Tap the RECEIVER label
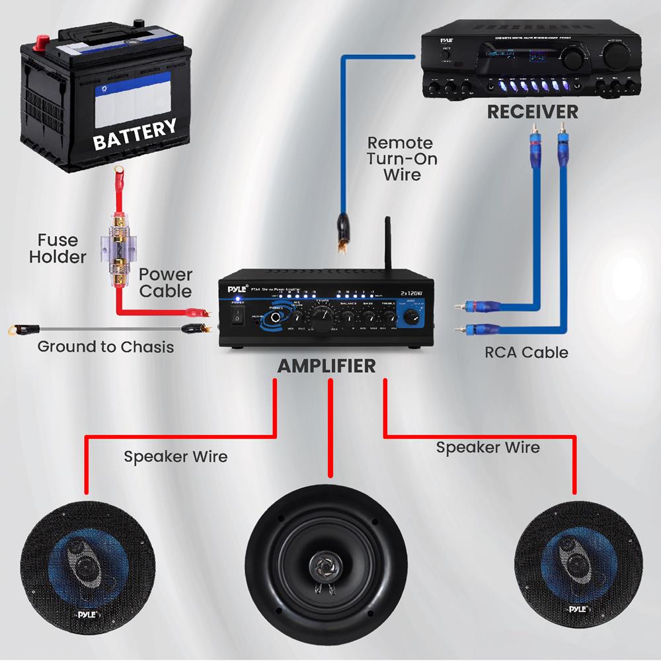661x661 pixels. click(532, 112)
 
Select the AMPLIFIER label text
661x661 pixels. click(327, 366)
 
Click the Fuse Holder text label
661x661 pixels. click(58, 248)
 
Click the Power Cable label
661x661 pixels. click(165, 282)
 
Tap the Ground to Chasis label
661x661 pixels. click(106, 346)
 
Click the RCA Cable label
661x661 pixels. click(526, 352)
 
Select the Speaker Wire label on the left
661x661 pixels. click(175, 456)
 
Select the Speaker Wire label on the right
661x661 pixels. click(487, 447)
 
